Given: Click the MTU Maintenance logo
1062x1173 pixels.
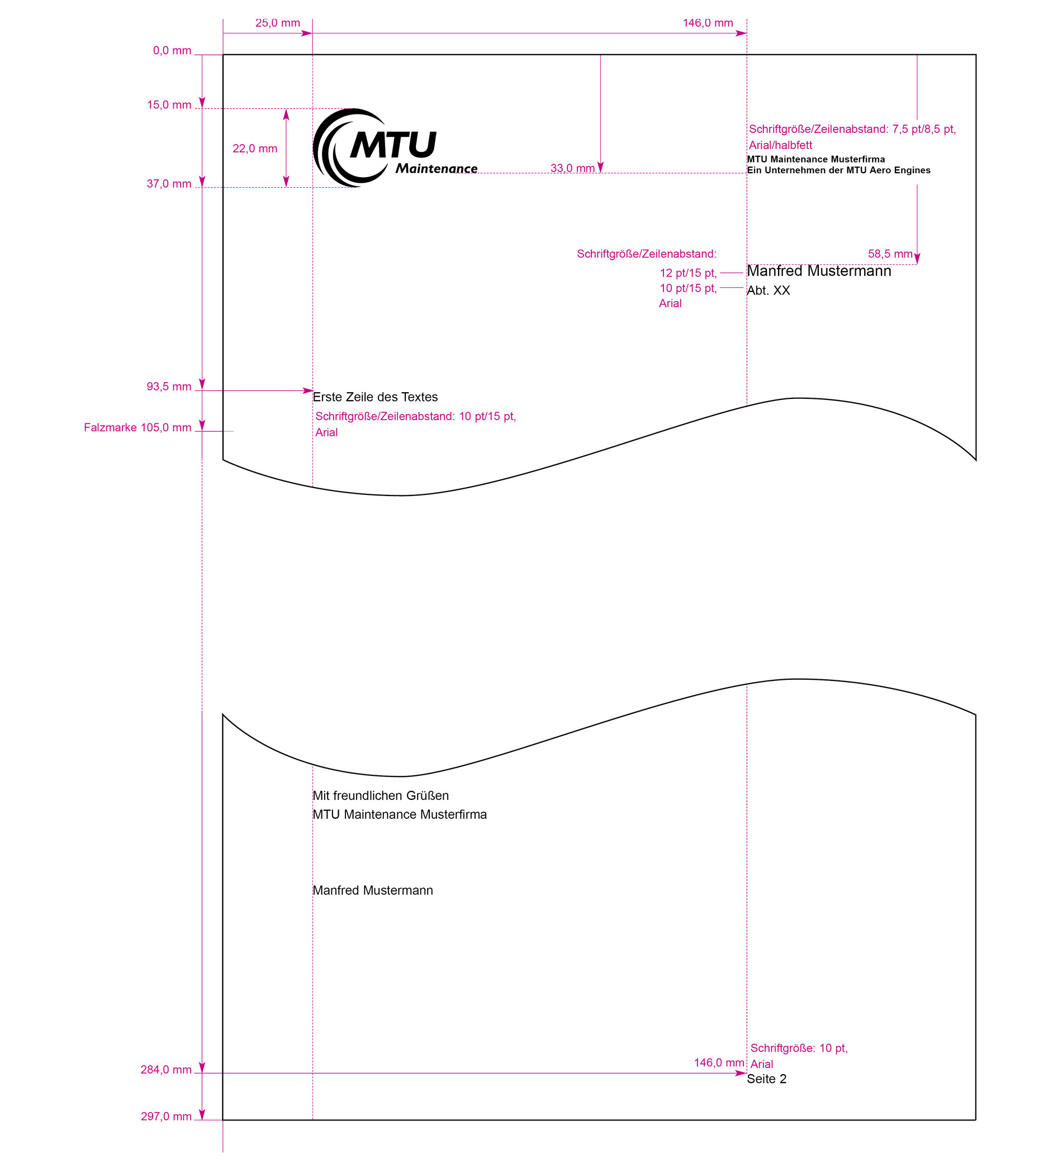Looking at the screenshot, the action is pos(395,148).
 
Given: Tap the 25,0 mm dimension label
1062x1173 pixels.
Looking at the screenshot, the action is pos(278,23).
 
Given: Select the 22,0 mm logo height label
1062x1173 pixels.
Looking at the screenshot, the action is pos(255,149).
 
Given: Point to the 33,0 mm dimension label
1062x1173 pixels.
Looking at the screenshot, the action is pos(572,168).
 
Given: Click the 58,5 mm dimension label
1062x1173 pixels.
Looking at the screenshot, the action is pos(890,254).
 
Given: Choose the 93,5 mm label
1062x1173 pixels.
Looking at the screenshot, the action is pos(169,387).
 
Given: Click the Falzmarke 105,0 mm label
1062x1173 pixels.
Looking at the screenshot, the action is pos(138,428).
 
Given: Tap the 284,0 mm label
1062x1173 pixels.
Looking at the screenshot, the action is pos(166,1070).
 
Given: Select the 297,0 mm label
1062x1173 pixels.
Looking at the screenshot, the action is pos(166,1117).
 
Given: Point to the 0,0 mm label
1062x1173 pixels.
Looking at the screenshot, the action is pos(172,51).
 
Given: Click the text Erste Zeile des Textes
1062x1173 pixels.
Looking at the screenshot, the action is pos(375,397).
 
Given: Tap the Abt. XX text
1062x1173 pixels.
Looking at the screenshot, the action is pos(768,290).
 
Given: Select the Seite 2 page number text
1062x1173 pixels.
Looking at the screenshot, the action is pos(766,1079).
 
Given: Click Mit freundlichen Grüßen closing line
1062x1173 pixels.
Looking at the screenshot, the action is pos(381,795).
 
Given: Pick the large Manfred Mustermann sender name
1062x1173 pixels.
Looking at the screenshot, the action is pos(819,270).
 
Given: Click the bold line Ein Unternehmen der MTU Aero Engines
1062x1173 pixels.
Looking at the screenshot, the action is pos(838,170).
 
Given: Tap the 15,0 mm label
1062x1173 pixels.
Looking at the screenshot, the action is pos(169,105).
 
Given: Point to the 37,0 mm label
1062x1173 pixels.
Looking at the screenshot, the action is pos(169,184).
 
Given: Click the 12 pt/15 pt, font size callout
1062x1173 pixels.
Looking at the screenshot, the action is pos(688,273).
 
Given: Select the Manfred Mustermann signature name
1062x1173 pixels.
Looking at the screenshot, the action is pos(373,890).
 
